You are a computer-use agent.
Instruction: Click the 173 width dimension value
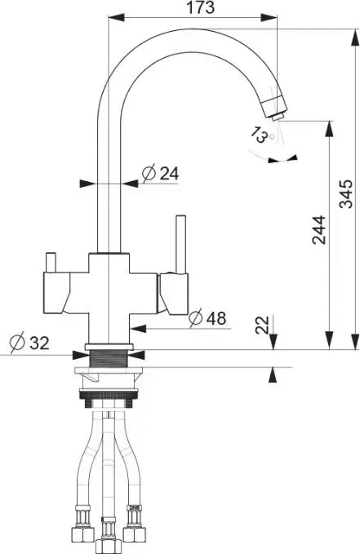(x=201, y=7)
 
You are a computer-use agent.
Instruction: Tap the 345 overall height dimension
(x=346, y=194)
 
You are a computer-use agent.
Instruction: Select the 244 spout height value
(x=319, y=229)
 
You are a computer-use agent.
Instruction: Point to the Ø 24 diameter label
(x=161, y=173)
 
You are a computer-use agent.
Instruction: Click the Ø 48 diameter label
(x=207, y=317)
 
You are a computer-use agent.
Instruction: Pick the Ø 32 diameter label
(x=29, y=343)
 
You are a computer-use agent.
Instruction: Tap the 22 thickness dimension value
(x=262, y=325)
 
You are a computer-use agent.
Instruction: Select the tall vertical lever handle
(x=181, y=244)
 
